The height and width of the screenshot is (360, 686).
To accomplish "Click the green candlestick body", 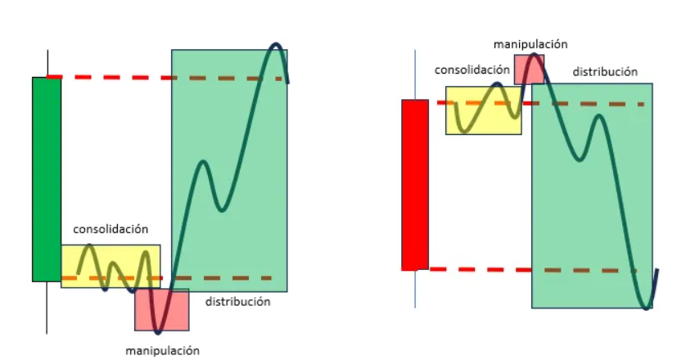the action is click(47, 178).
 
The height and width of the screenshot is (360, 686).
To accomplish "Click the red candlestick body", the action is click(415, 184).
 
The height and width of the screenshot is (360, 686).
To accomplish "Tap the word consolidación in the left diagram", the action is click(111, 229).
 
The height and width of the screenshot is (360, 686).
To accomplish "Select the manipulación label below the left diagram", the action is click(162, 350).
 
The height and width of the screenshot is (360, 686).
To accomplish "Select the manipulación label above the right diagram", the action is click(530, 43).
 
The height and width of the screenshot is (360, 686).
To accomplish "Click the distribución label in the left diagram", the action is click(237, 302).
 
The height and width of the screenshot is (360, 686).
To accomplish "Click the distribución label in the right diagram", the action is click(605, 72).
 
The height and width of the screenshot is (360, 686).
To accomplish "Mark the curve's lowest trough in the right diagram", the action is click(647, 308).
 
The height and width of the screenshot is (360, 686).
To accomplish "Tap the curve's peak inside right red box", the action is click(534, 55).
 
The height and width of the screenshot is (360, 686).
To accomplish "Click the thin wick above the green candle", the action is click(47, 63).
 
